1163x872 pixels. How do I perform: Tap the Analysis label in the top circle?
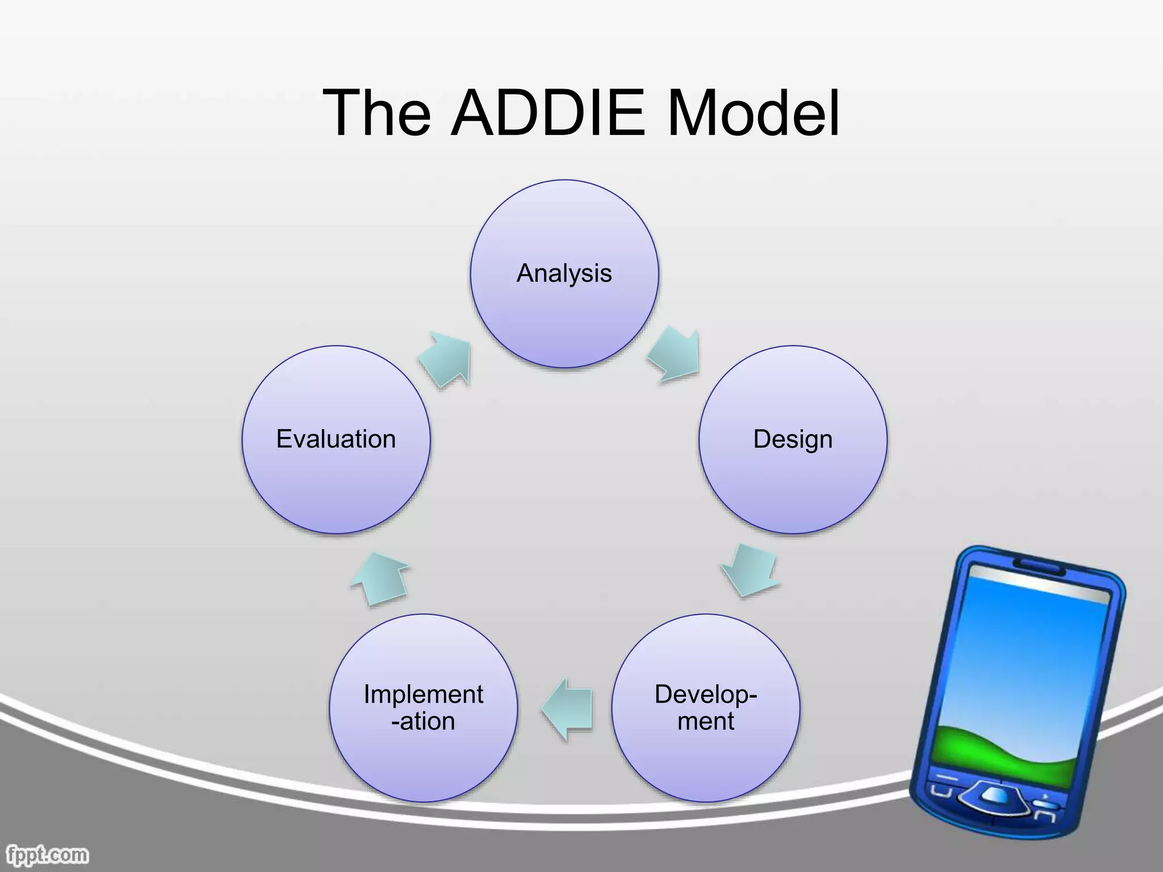click(x=564, y=274)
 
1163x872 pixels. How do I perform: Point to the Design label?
click(x=793, y=439)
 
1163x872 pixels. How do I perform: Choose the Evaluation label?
click(x=336, y=439)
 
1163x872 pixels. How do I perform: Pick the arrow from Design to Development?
click(x=750, y=571)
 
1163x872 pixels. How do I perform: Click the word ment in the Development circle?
click(x=706, y=722)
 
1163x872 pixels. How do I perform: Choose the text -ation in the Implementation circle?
click(x=423, y=722)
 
